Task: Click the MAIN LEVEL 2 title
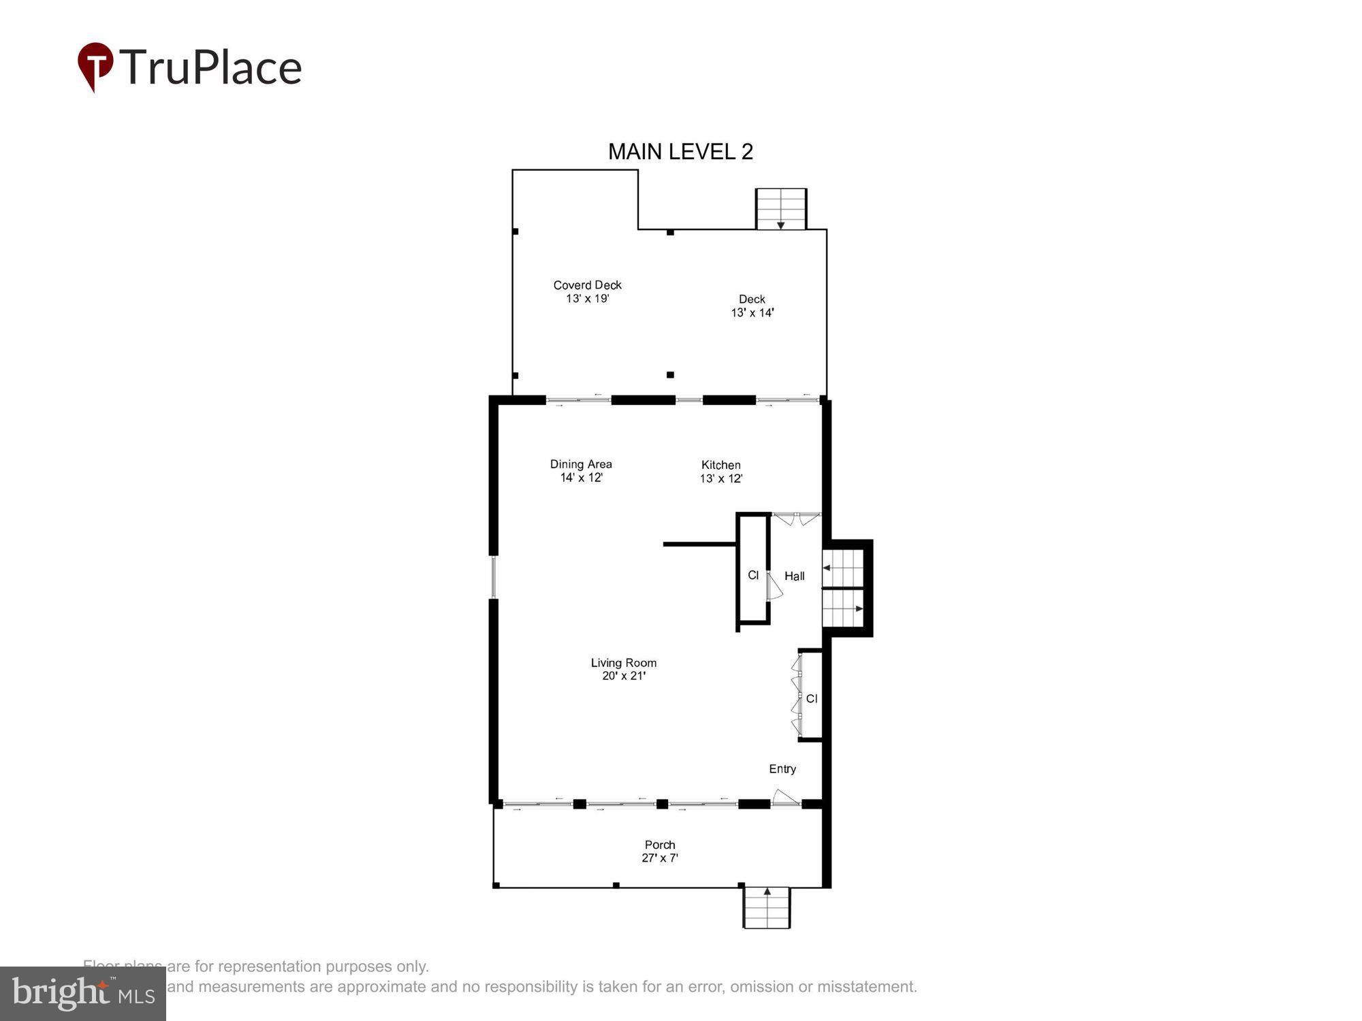tap(680, 152)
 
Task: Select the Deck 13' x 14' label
tap(752, 306)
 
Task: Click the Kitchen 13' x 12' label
tap(720, 472)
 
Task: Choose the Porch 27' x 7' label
tap(659, 852)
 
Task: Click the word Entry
tap(782, 768)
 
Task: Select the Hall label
tap(794, 576)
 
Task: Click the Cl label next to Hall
tap(753, 575)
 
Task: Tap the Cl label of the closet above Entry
tap(811, 698)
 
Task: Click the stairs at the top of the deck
tap(781, 209)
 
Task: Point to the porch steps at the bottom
tap(767, 908)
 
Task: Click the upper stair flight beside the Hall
tap(843, 568)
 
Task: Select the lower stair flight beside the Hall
tap(843, 608)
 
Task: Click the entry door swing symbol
tap(785, 797)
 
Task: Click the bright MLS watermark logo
tap(83, 994)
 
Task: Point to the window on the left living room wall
tap(494, 577)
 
